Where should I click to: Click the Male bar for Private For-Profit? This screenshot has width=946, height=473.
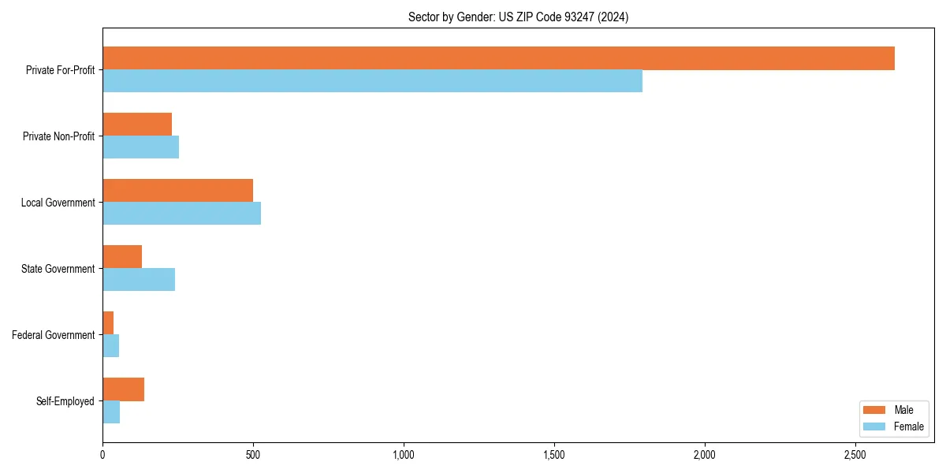point(498,58)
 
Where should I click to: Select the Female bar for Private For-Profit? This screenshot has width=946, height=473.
point(372,81)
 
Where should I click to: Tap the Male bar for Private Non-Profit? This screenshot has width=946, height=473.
point(137,125)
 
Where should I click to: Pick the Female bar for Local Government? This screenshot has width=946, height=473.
point(181,214)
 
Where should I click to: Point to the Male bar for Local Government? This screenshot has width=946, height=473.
point(177,191)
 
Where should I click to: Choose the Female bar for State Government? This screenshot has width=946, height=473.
point(139,280)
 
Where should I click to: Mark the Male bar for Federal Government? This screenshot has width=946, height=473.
point(108,322)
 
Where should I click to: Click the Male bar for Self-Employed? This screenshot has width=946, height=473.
point(123,389)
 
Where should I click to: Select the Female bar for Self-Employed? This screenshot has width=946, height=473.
point(111,412)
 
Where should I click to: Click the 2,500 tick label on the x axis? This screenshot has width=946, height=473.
point(855,455)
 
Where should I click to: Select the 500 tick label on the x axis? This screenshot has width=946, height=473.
point(253,455)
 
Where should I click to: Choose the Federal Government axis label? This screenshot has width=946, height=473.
point(54,335)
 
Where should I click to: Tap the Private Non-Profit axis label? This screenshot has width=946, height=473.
point(58,136)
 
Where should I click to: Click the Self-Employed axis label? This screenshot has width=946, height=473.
point(65,401)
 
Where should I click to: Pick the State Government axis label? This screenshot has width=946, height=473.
point(58,269)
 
